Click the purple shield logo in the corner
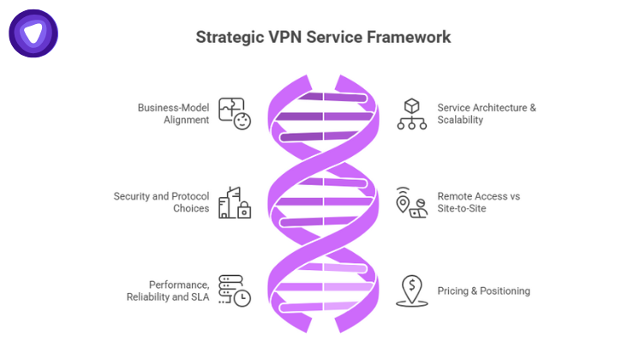[x=33, y=33]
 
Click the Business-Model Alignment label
[x=174, y=114]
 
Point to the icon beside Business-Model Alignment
[x=235, y=114]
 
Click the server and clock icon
[x=235, y=291]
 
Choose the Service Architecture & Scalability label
[x=486, y=114]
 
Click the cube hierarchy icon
[x=411, y=114]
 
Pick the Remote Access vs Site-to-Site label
[x=478, y=202]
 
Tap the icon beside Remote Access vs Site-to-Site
[x=411, y=203]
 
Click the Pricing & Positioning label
[x=483, y=291]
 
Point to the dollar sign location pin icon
[x=411, y=291]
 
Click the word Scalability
[x=460, y=120]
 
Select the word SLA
[x=200, y=297]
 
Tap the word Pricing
[x=453, y=291]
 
